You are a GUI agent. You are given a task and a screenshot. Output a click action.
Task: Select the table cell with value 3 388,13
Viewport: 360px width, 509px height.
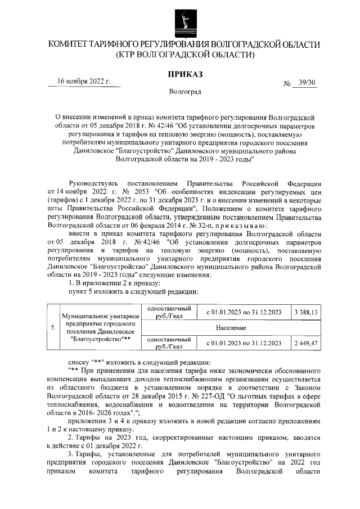(305, 312)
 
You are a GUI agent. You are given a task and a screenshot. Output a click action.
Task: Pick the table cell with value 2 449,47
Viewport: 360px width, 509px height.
(305, 343)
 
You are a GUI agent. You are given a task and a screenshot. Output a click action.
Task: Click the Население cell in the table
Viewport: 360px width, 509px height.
(231, 327)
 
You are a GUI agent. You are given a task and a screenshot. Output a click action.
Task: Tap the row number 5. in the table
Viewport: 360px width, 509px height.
(53, 327)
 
